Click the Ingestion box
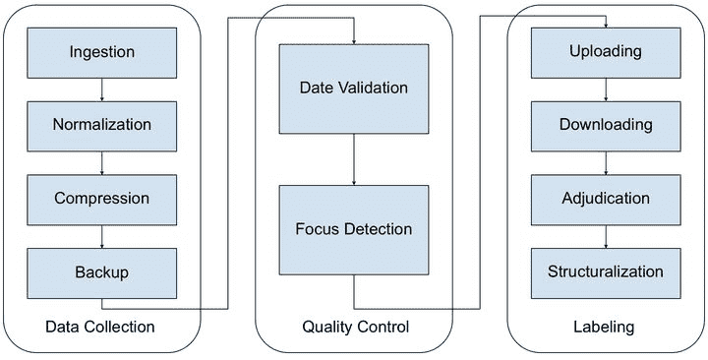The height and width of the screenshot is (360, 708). tap(101, 53)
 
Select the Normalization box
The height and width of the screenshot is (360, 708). tap(101, 126)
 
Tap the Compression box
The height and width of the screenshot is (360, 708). tap(101, 200)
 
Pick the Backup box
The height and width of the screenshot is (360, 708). tap(101, 272)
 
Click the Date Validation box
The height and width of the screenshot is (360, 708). tap(354, 89)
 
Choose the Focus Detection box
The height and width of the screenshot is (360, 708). tap(354, 229)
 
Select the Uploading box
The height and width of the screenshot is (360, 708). tap(606, 53)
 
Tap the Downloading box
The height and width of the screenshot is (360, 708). tap(606, 126)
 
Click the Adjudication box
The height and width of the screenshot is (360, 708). tap(606, 200)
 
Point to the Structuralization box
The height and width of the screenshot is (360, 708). tap(606, 272)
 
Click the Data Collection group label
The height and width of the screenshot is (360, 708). tap(99, 327)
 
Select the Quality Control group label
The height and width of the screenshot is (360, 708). tap(355, 327)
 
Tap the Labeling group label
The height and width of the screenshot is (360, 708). tap(604, 327)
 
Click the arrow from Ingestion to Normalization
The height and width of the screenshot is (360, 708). tap(101, 90)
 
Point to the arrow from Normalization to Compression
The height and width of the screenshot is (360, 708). tap(101, 163)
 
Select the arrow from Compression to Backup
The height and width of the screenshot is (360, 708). tap(101, 236)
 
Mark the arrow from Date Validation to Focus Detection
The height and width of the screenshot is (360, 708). tap(354, 159)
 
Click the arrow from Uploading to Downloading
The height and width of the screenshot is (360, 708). tap(606, 90)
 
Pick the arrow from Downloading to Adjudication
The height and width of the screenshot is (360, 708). tap(606, 163)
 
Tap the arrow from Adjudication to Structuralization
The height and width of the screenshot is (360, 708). tap(606, 236)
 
